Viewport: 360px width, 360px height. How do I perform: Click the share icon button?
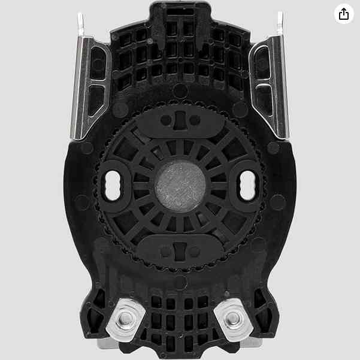tap(343, 14)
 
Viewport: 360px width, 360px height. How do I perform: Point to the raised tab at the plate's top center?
tap(180, 13)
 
